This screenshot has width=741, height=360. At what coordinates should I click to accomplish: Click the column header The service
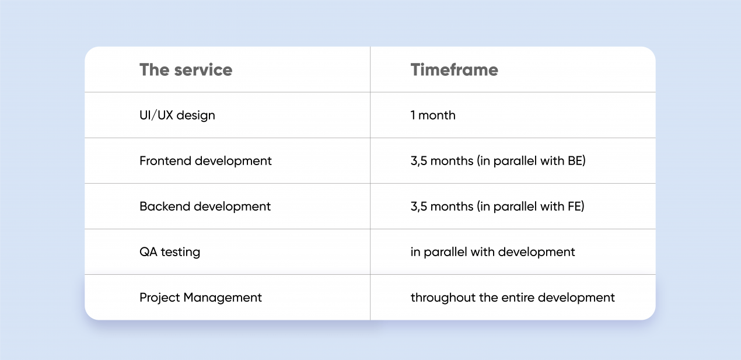[x=186, y=70]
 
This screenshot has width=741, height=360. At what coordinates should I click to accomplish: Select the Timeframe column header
[x=454, y=70]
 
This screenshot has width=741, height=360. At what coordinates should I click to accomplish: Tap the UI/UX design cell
[x=177, y=116]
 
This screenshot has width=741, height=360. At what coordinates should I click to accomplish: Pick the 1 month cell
[x=433, y=115]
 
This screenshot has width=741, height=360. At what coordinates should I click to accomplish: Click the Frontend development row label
[x=205, y=161]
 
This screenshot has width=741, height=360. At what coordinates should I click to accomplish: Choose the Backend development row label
[x=205, y=207]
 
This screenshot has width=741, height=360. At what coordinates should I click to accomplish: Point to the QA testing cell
[x=170, y=252]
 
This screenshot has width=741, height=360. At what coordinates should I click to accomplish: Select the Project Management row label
[x=201, y=298]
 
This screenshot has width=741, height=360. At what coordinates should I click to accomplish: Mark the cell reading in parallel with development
[x=492, y=252]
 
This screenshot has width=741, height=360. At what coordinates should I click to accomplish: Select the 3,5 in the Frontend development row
[x=419, y=161]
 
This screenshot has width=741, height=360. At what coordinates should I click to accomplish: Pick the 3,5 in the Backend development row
[x=419, y=207]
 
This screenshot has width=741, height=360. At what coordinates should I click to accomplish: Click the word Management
[x=222, y=298]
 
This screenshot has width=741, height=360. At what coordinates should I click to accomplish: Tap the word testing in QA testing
[x=180, y=253]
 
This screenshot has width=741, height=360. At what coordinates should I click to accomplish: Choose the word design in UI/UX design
[x=195, y=116]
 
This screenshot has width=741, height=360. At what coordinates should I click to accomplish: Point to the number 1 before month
[x=413, y=115]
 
